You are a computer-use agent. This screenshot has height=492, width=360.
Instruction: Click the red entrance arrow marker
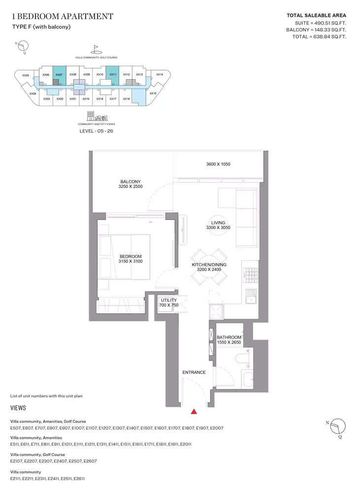pyautogui.click(x=194, y=412)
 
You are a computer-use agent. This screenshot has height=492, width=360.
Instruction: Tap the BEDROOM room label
pyautogui.click(x=131, y=256)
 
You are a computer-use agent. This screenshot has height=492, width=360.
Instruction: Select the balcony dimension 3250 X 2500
pyautogui.click(x=131, y=186)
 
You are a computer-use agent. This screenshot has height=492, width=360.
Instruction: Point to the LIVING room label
pyautogui.click(x=218, y=223)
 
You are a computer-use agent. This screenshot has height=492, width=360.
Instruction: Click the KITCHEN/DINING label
pyautogui.click(x=209, y=265)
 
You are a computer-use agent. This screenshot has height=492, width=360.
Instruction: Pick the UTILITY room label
pyautogui.click(x=169, y=300)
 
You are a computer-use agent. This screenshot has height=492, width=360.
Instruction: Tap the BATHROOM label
pyautogui.click(x=229, y=338)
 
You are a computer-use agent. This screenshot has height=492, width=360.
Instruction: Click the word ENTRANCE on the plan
pyautogui.click(x=194, y=372)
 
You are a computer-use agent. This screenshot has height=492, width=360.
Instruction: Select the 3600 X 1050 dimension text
pyautogui.click(x=218, y=164)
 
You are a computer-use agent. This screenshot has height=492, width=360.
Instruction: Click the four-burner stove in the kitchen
pyautogui.click(x=251, y=275)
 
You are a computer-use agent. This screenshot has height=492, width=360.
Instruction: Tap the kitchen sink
pyautogui.click(x=251, y=297)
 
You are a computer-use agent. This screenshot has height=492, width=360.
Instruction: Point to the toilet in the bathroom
pyautogui.click(x=242, y=358)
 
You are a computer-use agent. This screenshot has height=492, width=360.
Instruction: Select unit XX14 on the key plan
pyautogui.click(x=160, y=75)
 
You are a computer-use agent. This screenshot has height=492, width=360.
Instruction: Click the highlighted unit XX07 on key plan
pyautogui.click(x=59, y=75)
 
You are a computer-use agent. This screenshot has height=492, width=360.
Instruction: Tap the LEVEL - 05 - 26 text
pyautogui.click(x=96, y=131)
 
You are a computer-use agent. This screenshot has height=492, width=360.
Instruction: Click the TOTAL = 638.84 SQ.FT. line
pyautogui.click(x=319, y=37)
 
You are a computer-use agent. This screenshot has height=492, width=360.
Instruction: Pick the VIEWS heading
pyautogui.click(x=18, y=408)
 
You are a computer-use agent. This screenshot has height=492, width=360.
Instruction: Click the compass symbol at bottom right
pyautogui.click(x=338, y=427)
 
